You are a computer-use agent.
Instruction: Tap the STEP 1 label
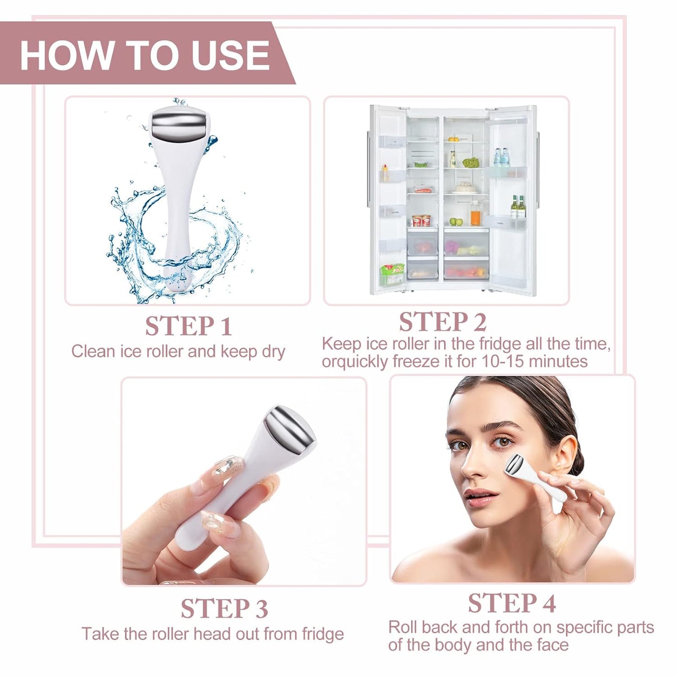pyautogui.click(x=188, y=326)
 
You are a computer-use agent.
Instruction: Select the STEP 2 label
pyautogui.click(x=442, y=322)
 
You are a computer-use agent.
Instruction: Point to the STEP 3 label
pyautogui.click(x=224, y=609)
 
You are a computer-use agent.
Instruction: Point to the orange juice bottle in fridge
pyautogui.click(x=476, y=216)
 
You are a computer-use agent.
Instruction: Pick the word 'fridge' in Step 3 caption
pyautogui.click(x=323, y=634)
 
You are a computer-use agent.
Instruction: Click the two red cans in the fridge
pyautogui.click(x=421, y=220)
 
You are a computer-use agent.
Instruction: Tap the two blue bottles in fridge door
pyautogui.click(x=502, y=158)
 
